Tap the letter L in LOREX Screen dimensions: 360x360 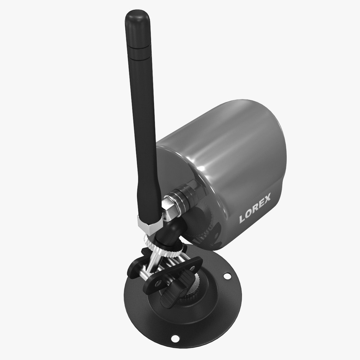pos(243,219)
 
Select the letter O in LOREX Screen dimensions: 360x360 pos(250,214)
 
